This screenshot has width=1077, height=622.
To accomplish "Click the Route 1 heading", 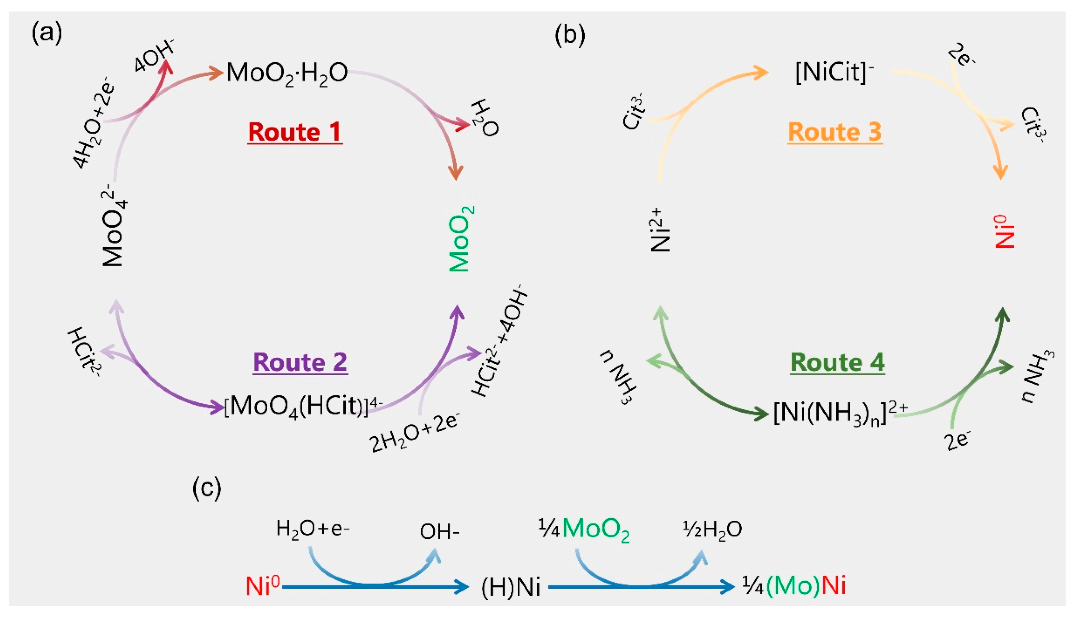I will (295, 132).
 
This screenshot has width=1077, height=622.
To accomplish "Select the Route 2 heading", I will (300, 363).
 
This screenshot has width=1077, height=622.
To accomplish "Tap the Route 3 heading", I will (835, 132).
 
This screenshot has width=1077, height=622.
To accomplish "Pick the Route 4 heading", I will (837, 363).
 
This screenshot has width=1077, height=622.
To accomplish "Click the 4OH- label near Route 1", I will (154, 56).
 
